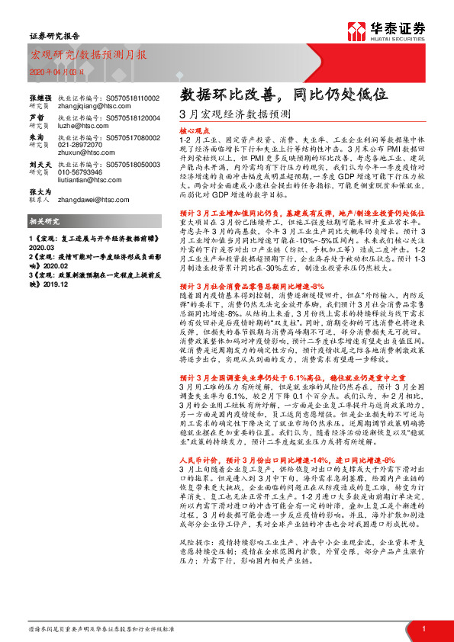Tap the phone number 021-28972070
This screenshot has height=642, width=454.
pos(82,143)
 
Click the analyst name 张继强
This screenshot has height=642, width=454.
pos(40,98)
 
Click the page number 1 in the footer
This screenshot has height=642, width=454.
pos(423,628)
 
